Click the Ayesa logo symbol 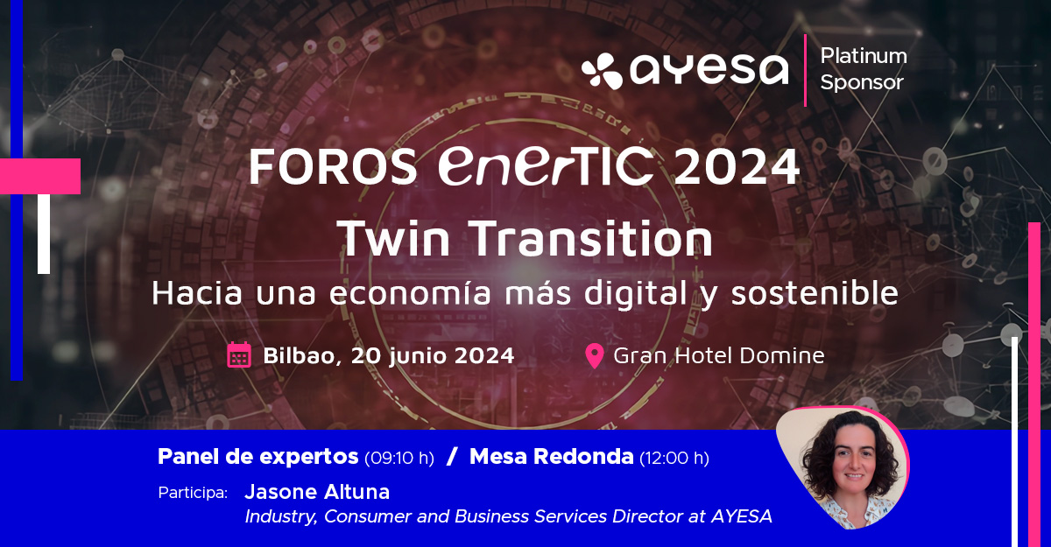tap(602, 71)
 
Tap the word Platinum tap(864, 56)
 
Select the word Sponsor tap(862, 82)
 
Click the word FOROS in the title tap(333, 166)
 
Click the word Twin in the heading tap(393, 238)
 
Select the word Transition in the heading tap(590, 238)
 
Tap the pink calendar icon tap(239, 354)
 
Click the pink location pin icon tap(595, 355)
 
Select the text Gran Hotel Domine tap(719, 355)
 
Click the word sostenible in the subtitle tap(815, 293)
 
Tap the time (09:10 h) tap(399, 458)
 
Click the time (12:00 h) tap(674, 458)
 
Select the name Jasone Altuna tap(317, 492)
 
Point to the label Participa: tap(193, 493)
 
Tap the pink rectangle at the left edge tap(40, 176)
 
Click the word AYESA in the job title tap(742, 516)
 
